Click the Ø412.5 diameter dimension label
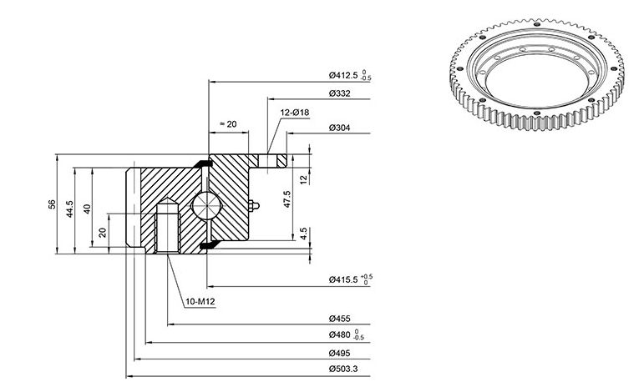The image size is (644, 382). pos(350,76)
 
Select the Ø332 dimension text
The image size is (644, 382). pos(340,93)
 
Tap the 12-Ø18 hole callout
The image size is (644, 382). pos(295,113)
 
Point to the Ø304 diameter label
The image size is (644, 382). pos(340,128)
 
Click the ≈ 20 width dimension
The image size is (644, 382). pos(228,124)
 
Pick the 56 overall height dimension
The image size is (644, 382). pos(52,204)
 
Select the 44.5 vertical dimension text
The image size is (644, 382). pos(70,209)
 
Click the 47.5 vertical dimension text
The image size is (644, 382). pos(287,199)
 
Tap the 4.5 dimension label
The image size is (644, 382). pos(303,234)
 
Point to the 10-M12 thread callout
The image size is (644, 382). pos(200,302)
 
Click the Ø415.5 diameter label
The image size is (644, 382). pos(350,280)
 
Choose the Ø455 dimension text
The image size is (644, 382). pos(340,319)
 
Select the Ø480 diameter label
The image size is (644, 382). pos(347,334)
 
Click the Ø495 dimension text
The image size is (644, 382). pos(340,353)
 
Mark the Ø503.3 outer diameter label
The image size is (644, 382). pos(343,369)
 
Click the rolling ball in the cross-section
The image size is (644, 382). pos(206,204)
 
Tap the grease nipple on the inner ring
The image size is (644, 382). pos(253,205)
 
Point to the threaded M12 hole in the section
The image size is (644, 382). pos(168,226)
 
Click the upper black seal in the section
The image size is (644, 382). pos(202,163)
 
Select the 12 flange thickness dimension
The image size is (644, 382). pos(303,179)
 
